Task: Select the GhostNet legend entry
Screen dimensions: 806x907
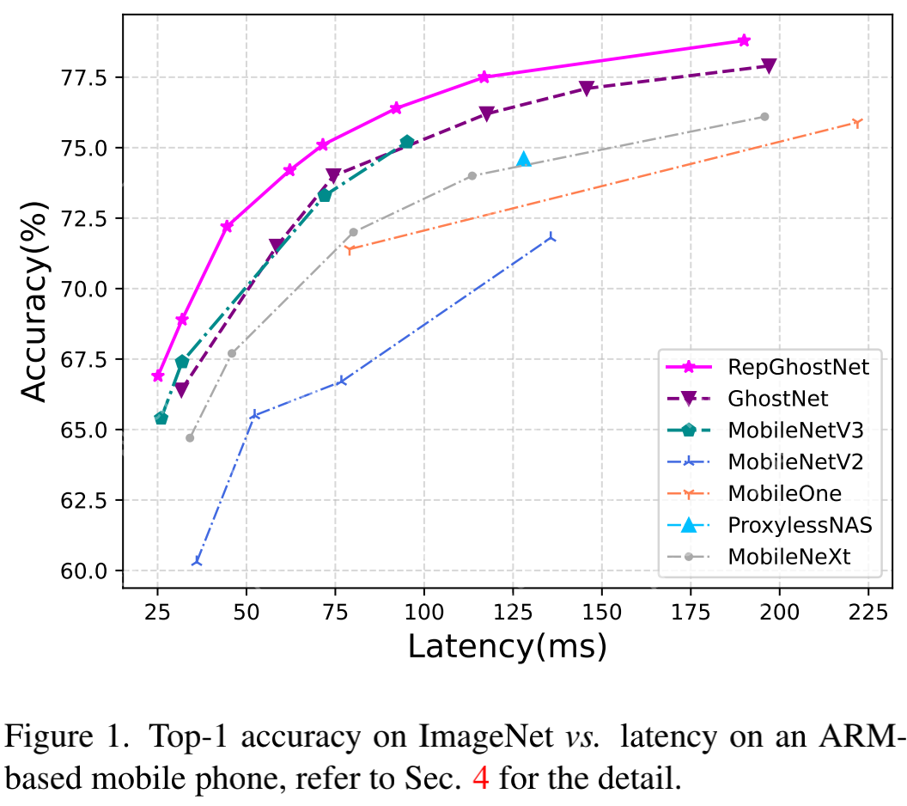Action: [x=777, y=399]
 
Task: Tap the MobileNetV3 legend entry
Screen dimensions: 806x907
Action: [x=794, y=430]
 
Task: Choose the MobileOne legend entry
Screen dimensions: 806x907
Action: [x=784, y=493]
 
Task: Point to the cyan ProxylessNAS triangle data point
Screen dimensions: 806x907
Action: [x=524, y=159]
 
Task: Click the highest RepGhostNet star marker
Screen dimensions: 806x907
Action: [x=744, y=40]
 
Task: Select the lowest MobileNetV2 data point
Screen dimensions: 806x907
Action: [x=198, y=562]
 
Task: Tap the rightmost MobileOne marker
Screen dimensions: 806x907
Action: [x=856, y=123]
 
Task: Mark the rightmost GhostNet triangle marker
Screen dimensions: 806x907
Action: [x=769, y=65]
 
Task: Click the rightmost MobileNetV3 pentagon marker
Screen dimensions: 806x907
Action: [x=407, y=142]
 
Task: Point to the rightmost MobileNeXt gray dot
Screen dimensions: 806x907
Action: [x=764, y=117]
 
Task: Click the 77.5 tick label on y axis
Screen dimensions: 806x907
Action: [x=87, y=78]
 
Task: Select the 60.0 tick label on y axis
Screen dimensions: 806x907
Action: [x=87, y=571]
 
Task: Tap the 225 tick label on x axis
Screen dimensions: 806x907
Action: [x=867, y=612]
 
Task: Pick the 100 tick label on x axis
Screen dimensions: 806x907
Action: [x=423, y=612]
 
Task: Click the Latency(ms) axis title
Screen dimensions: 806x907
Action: [x=507, y=646]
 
